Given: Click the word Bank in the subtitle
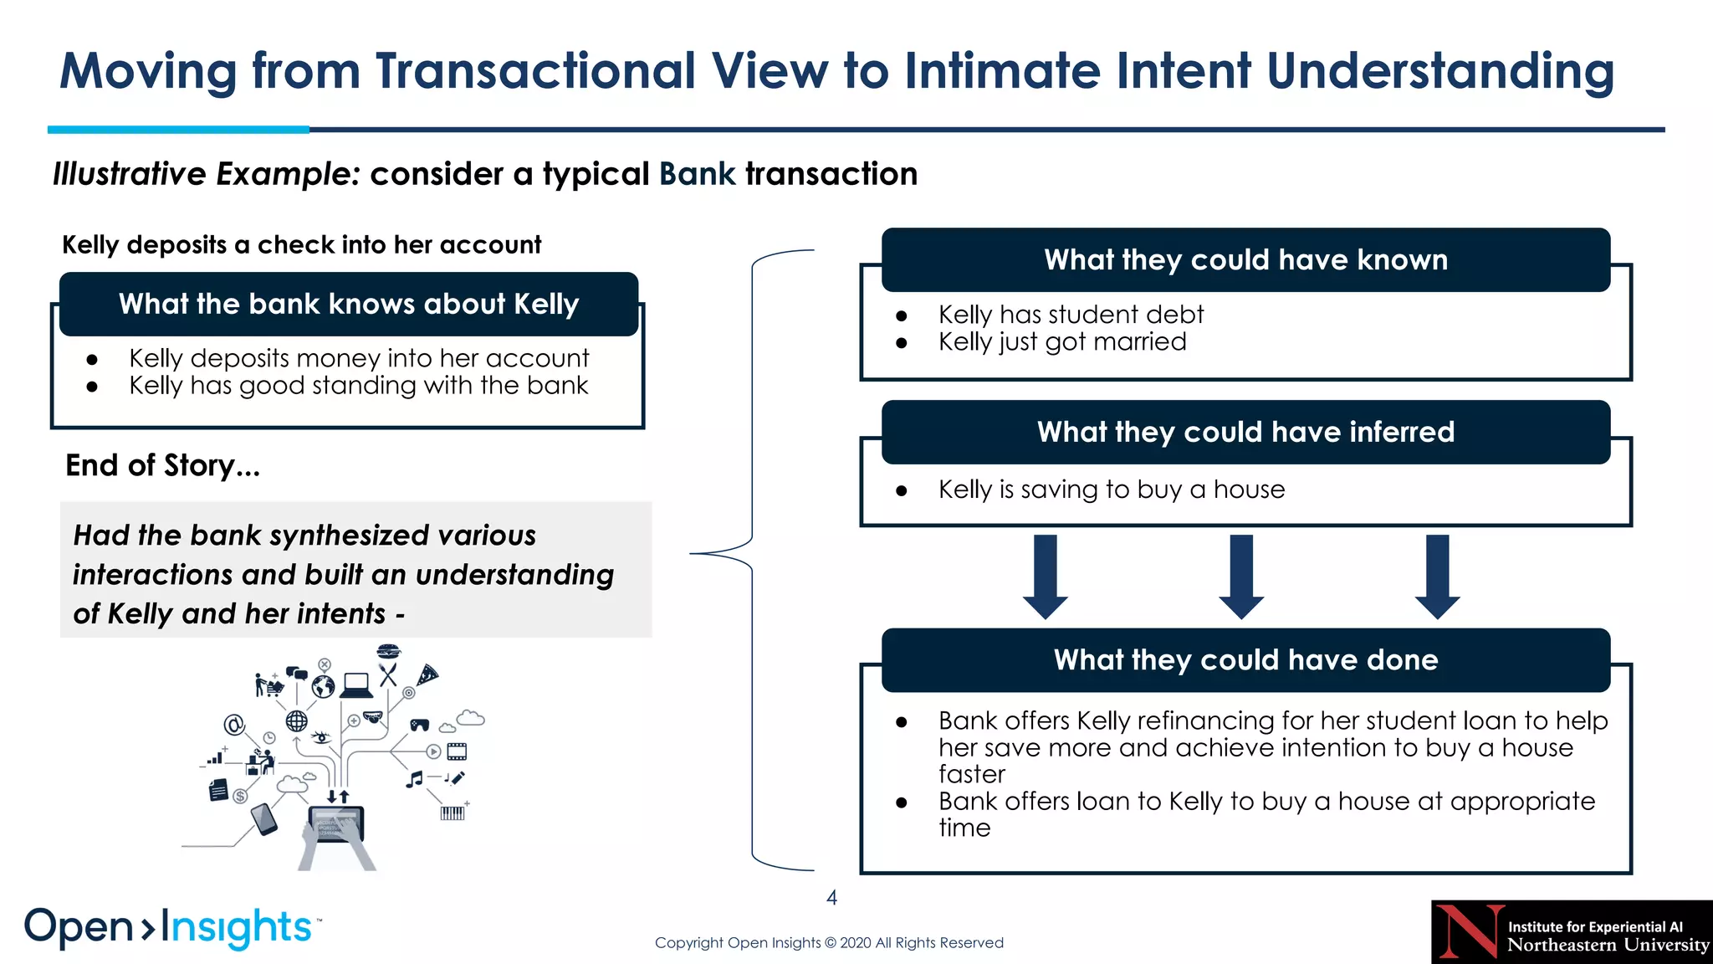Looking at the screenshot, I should (x=697, y=174).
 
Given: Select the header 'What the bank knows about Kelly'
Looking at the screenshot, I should (x=349, y=304).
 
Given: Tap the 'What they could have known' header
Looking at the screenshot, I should (x=1245, y=259).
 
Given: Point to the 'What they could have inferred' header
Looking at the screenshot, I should (x=1245, y=432).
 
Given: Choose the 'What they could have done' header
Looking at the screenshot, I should (x=1245, y=659).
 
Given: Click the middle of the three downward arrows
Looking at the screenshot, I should (x=1241, y=576).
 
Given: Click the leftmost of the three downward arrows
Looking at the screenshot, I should (x=1046, y=576).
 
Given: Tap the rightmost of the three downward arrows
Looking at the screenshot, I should (x=1437, y=576).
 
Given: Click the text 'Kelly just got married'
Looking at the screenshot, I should (x=1062, y=341).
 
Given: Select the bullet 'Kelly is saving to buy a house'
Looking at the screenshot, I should (x=1111, y=489).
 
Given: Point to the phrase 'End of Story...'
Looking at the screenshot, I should (x=163, y=465).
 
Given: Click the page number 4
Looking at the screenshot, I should (x=831, y=898).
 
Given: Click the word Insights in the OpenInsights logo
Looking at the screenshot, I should (x=236, y=927).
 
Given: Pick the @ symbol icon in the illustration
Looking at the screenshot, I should (x=234, y=725).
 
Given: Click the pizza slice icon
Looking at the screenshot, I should (x=427, y=674).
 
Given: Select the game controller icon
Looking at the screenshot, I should (x=419, y=725).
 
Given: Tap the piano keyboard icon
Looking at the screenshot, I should (x=452, y=813).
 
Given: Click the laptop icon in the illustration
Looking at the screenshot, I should (x=357, y=685).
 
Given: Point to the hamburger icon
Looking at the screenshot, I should (x=389, y=651).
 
